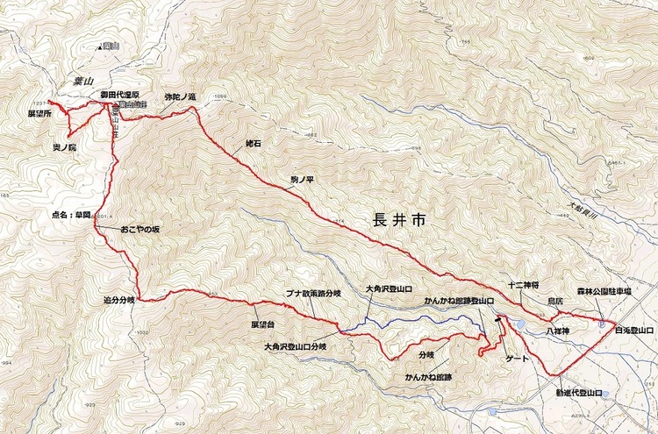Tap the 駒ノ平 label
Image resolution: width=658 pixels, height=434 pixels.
pos(302,179)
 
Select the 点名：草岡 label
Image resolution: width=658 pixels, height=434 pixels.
pos(72,215)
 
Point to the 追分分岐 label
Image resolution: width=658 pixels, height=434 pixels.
pos(118,300)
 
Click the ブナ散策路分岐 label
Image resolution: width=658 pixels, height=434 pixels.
pos(312,294)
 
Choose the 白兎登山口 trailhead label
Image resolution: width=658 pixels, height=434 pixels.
pos(634,330)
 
